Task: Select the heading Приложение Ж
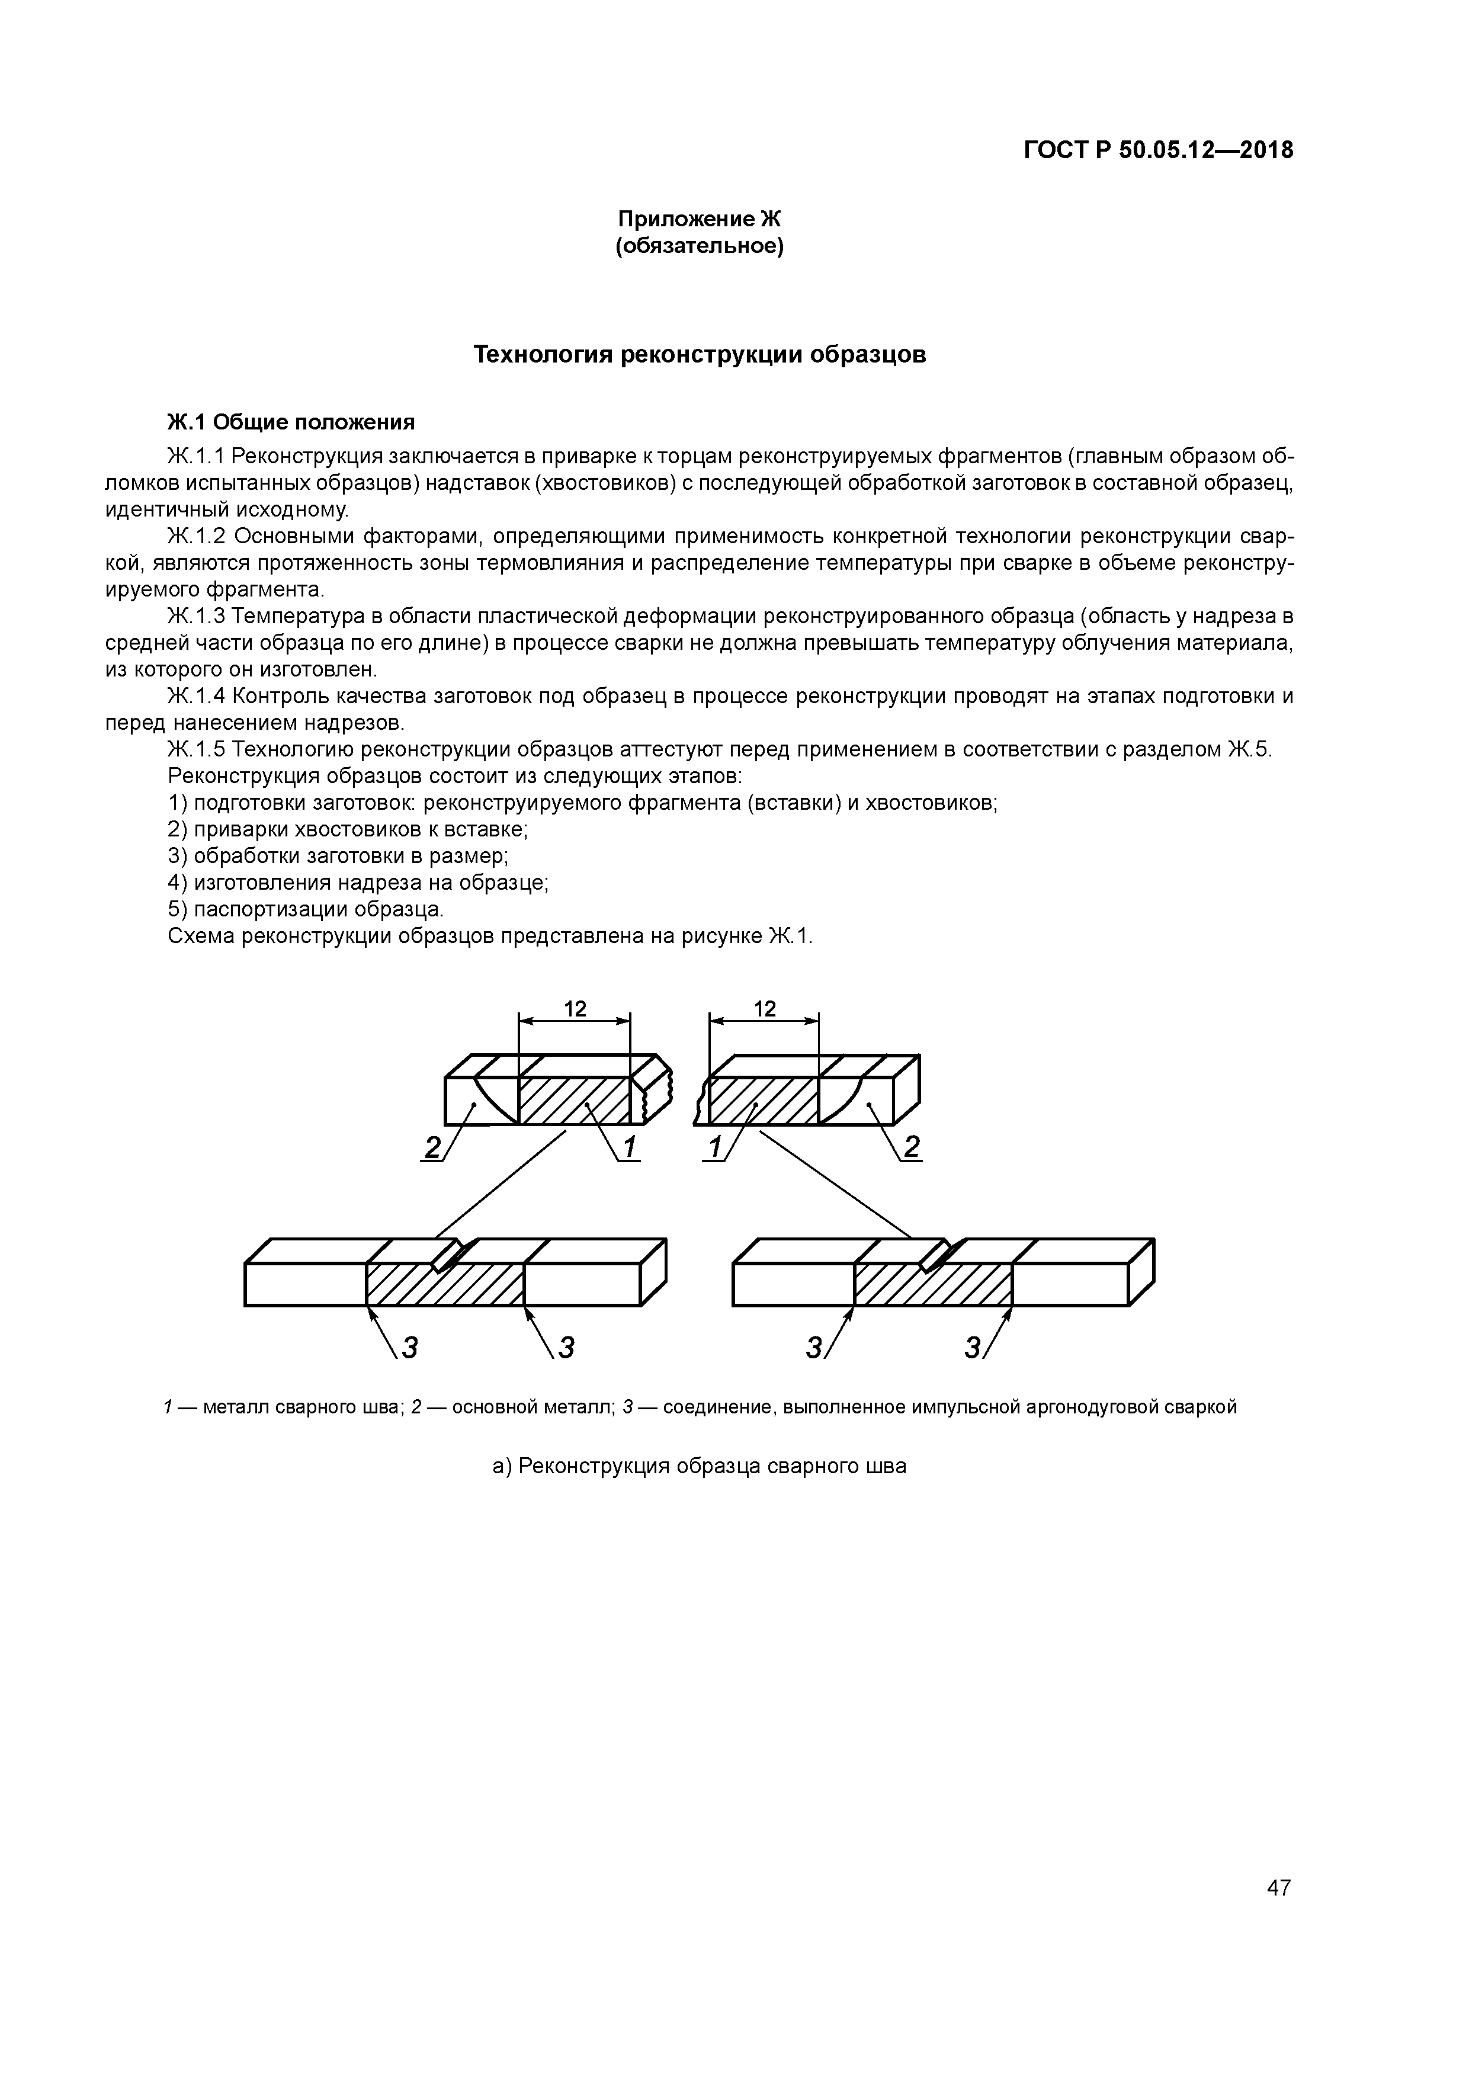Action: coord(699,219)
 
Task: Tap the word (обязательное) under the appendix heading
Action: coord(699,246)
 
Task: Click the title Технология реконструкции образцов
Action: coord(700,355)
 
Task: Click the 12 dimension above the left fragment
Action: coord(575,1009)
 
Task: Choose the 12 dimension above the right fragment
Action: coord(765,1009)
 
